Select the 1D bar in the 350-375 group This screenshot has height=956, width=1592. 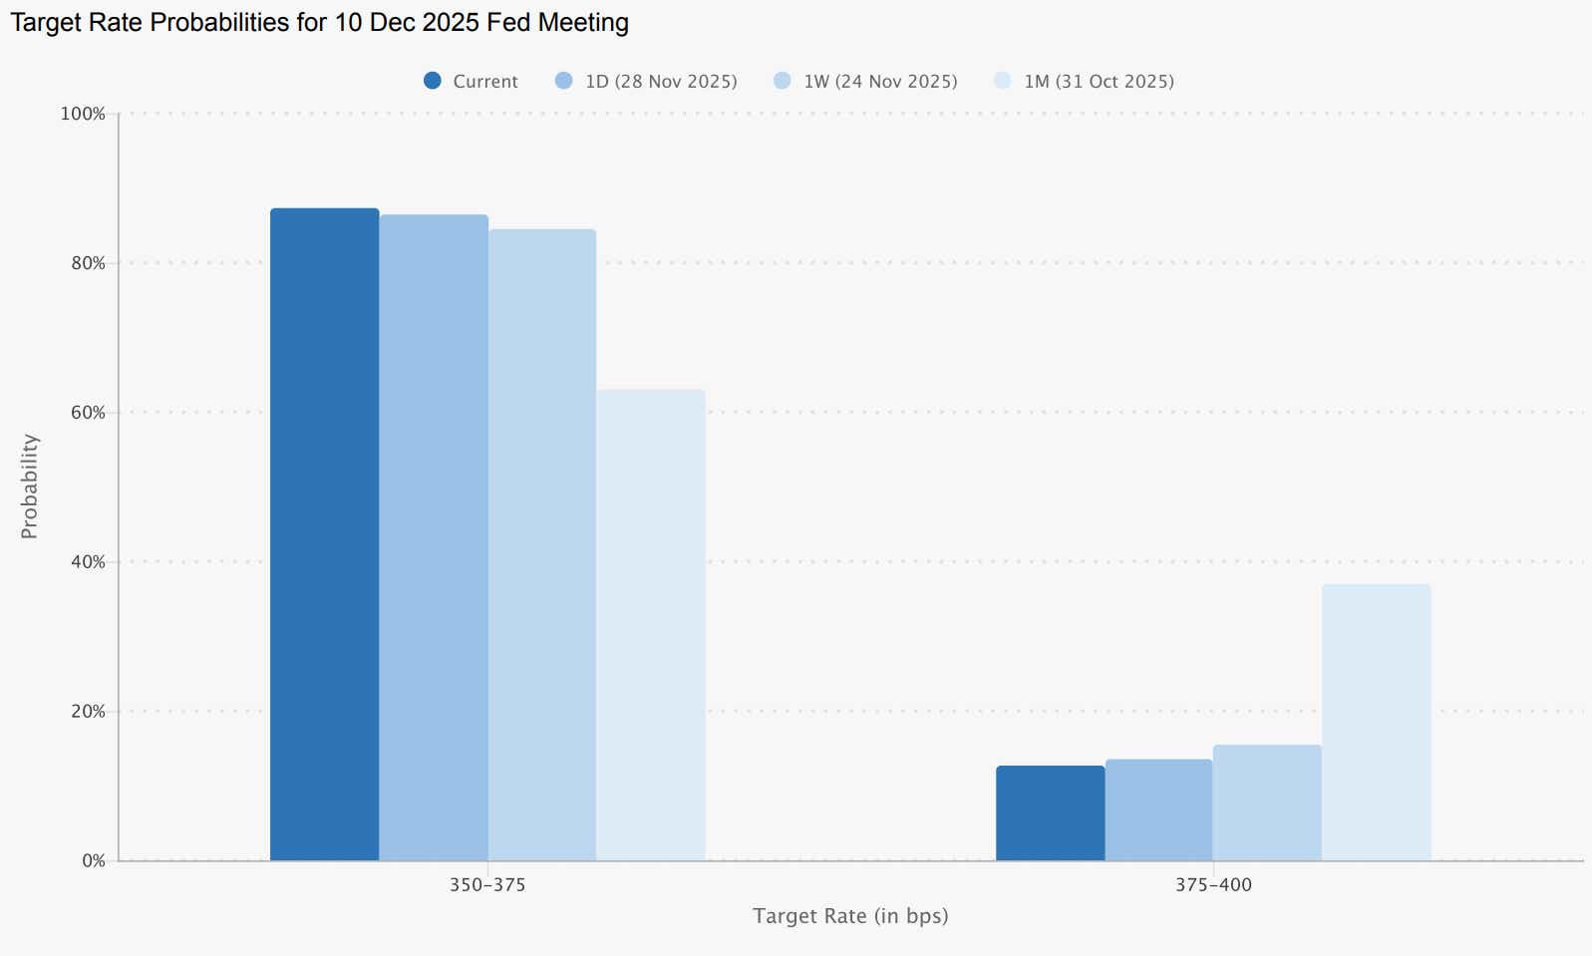coord(434,537)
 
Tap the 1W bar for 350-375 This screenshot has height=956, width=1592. coord(542,544)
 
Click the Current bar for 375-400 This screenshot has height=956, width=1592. coord(1050,812)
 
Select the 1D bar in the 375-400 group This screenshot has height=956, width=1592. coord(1158,809)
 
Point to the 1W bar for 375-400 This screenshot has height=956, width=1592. coord(1267,802)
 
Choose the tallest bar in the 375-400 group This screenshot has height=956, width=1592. coord(1376,722)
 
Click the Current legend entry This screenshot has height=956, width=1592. coord(471,82)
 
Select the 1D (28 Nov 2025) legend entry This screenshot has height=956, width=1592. coord(646,82)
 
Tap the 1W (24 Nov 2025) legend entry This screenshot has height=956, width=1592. coord(865,82)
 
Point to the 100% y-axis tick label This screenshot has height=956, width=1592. coord(83,114)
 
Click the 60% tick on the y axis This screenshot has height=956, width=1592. coord(88,413)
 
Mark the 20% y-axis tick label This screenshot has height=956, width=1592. coord(88,712)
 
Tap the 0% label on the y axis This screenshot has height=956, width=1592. coord(93,861)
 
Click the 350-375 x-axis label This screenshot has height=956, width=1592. coord(487,885)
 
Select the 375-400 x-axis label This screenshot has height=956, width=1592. coord(1213,885)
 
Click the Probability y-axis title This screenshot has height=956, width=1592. coord(30,486)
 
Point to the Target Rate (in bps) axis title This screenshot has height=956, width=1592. coord(850,916)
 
